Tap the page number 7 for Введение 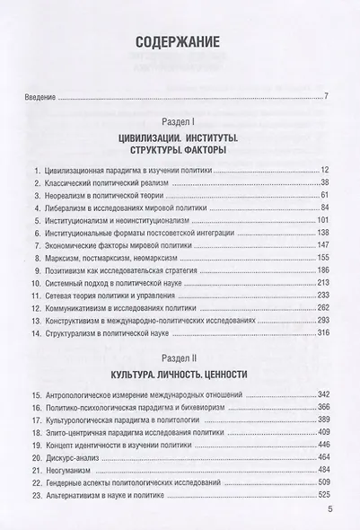[x=327, y=96]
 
